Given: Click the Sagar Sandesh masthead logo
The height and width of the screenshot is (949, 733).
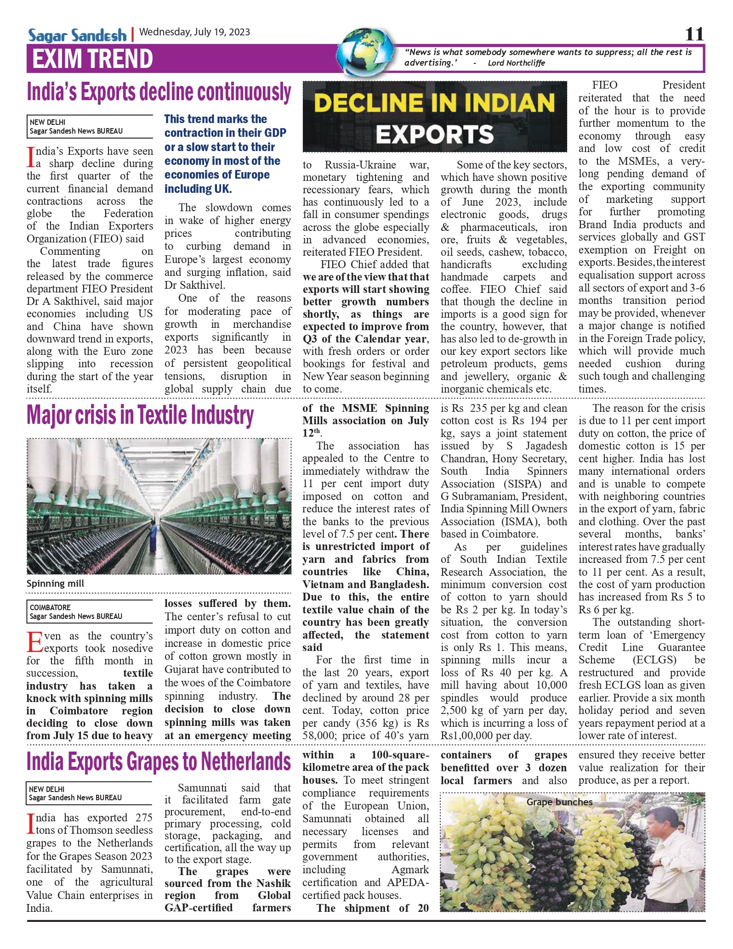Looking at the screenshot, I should (x=77, y=35).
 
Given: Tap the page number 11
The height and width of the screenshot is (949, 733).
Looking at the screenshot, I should (x=694, y=34).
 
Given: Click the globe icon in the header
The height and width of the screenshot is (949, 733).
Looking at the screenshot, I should (x=366, y=52).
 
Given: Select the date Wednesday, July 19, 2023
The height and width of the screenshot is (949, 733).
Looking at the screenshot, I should (x=194, y=32).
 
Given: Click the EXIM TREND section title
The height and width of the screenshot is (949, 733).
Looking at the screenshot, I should (x=92, y=59).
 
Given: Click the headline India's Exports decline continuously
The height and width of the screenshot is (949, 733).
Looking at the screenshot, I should (x=159, y=92).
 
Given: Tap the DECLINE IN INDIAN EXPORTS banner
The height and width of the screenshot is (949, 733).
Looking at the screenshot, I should (x=435, y=117).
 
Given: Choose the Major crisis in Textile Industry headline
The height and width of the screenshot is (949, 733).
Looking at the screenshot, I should (x=140, y=416).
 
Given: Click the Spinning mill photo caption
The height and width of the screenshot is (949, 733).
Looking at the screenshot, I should (x=56, y=584).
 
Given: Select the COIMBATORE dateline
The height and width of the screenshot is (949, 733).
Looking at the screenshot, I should (x=50, y=607).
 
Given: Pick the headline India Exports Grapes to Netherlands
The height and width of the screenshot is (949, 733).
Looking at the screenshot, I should (x=159, y=762).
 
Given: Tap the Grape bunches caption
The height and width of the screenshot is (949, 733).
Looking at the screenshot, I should (x=559, y=802).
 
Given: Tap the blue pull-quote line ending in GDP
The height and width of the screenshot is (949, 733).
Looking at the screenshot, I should (x=225, y=133).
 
